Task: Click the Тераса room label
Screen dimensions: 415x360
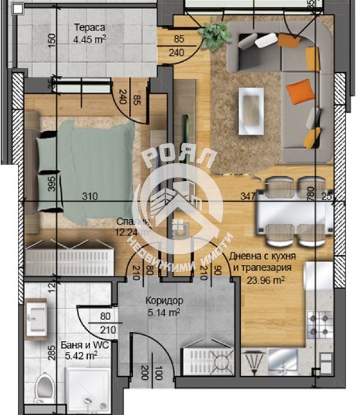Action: coord(90,27)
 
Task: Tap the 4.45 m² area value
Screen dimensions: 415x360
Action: coord(90,39)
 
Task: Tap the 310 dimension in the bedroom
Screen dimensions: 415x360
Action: coord(89,197)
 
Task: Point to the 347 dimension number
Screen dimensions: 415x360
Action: coord(249,197)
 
